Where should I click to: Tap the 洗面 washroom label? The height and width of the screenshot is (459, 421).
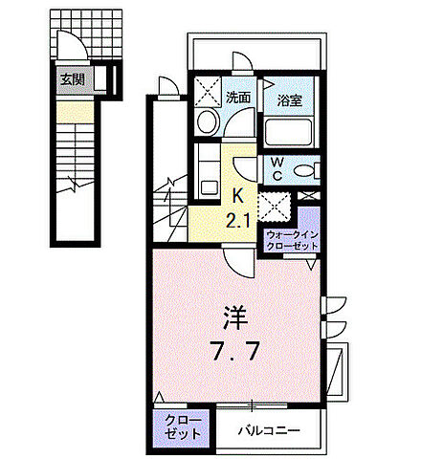pos(239,97)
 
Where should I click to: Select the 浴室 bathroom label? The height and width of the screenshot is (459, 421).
pos(291,97)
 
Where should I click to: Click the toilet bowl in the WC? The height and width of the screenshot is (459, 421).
pos(305,171)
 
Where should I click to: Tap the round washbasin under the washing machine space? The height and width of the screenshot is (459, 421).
pos(207,123)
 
